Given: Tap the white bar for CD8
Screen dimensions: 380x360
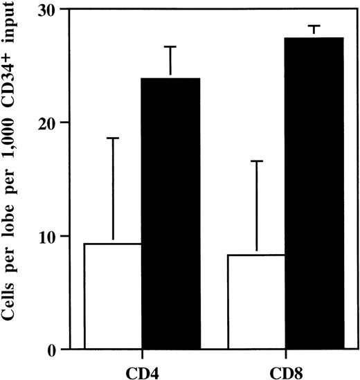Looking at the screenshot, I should pos(256,302).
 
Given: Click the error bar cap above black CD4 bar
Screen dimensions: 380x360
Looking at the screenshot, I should pos(171,46).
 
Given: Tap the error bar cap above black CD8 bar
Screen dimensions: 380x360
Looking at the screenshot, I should pos(314,26).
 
